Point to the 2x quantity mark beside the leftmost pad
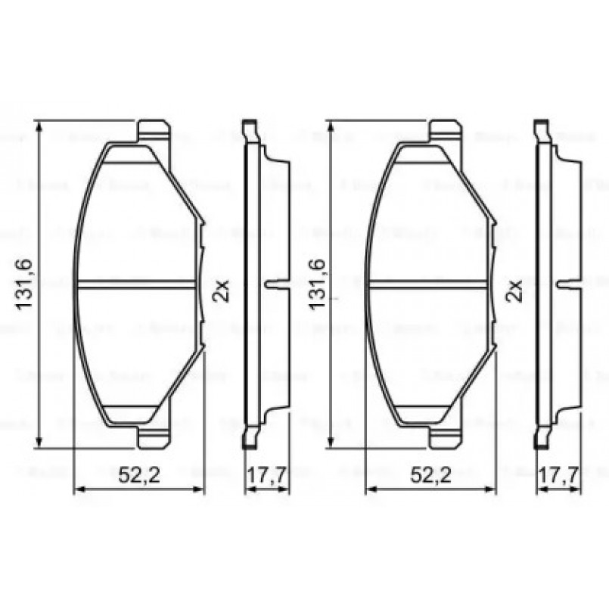click(x=221, y=289)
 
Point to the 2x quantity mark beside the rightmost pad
click(x=514, y=289)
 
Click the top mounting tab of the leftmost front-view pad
click(x=154, y=131)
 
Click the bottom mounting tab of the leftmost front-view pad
click(x=154, y=437)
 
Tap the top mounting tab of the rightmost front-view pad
click(x=446, y=131)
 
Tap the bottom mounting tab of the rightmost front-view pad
click(x=446, y=437)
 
